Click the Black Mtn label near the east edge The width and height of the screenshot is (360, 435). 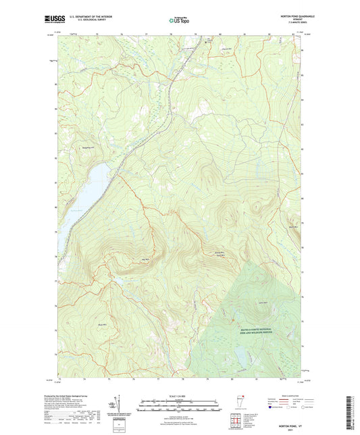pyautogui.click(x=292, y=228)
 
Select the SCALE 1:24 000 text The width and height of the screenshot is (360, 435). pyautogui.click(x=179, y=394)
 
